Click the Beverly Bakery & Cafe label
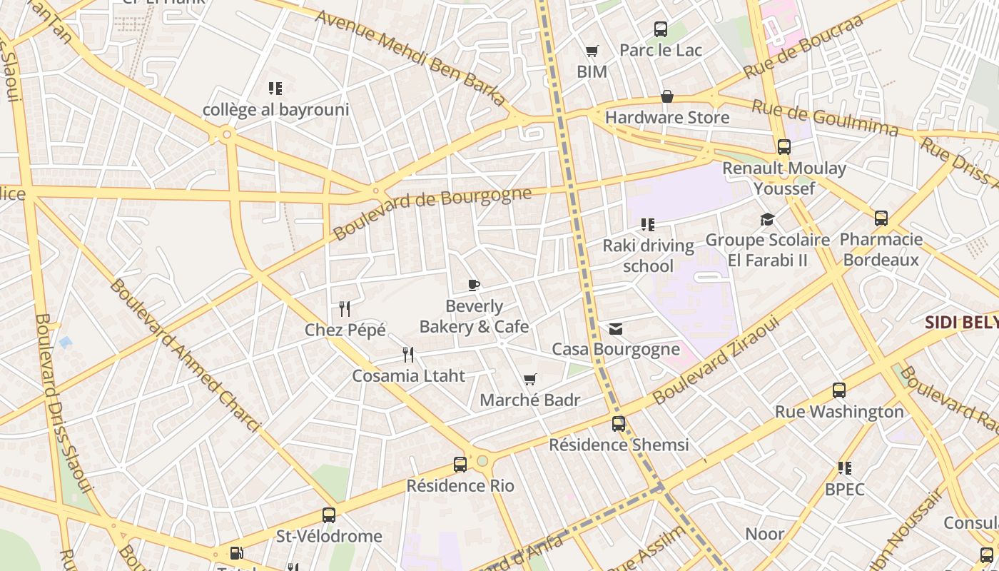pos(474,316)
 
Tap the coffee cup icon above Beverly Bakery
pos(473,285)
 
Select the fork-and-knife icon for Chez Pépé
pos(345,309)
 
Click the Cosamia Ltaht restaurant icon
pos(408,355)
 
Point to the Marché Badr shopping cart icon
pos(529,379)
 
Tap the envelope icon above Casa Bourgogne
pos(616,329)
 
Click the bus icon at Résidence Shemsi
pos(619,424)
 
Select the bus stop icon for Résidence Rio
pos(460,465)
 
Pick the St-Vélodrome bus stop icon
pos(329,515)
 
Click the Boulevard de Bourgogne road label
pos(432,213)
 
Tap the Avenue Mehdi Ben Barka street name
pos(410,59)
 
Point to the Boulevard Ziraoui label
pos(716,360)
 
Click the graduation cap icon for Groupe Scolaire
pos(767,219)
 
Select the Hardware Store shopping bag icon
pos(667,96)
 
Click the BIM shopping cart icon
pos(592,51)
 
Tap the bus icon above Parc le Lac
pos(661,29)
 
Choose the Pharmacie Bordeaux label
pos(881,249)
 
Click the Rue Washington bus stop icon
pos(839,390)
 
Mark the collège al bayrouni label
pos(276,110)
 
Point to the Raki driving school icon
pos(648,225)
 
